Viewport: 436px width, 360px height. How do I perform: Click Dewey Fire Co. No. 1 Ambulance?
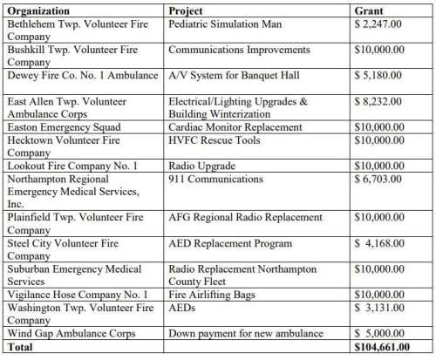click(x=84, y=76)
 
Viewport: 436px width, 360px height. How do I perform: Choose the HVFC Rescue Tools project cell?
click(x=209, y=140)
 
